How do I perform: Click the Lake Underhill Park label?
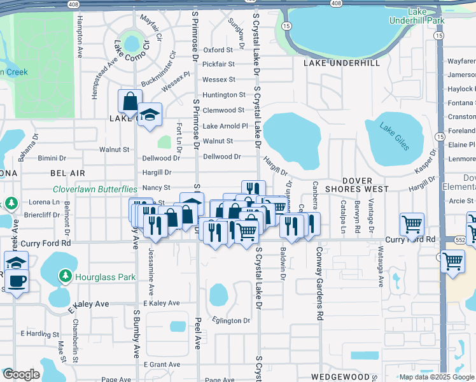(x=426, y=16)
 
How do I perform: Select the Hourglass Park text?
(x=96, y=277)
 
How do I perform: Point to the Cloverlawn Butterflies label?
(x=95, y=189)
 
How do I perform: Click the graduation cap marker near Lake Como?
(x=150, y=115)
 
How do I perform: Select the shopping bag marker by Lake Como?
(x=130, y=101)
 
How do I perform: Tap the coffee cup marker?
(x=17, y=281)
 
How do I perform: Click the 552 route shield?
(x=463, y=240)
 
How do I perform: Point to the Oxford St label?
(x=218, y=50)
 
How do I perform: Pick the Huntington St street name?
(x=224, y=95)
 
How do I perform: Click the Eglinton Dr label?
(x=232, y=321)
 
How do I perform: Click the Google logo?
(x=21, y=374)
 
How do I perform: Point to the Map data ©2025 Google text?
(x=436, y=377)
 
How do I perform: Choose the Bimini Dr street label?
(x=52, y=158)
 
